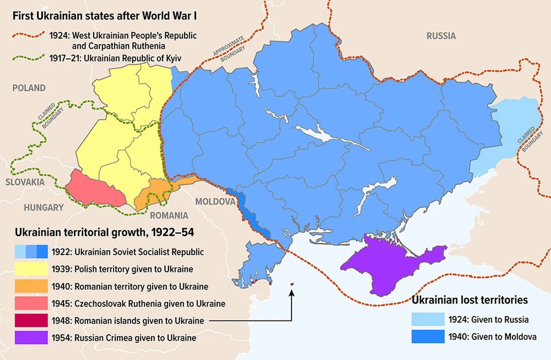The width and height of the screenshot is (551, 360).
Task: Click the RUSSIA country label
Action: pyautogui.click(x=441, y=36)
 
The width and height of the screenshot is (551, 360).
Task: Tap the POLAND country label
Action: pyautogui.click(x=29, y=88)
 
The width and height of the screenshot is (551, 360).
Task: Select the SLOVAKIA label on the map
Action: pyautogui.click(x=25, y=182)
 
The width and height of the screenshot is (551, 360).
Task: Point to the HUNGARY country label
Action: pyautogui.click(x=44, y=208)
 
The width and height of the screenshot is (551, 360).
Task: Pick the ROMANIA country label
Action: pyautogui.click(x=169, y=215)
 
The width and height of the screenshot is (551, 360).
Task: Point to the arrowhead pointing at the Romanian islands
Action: pyautogui.click(x=292, y=293)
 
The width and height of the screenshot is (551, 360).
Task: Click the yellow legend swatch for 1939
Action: pyautogui.click(x=31, y=269)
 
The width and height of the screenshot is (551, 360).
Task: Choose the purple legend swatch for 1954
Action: pyautogui.click(x=31, y=337)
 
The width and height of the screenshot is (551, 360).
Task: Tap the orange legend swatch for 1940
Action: pyautogui.click(x=31, y=286)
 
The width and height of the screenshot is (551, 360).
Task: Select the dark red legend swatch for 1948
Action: pyautogui.click(x=31, y=320)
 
